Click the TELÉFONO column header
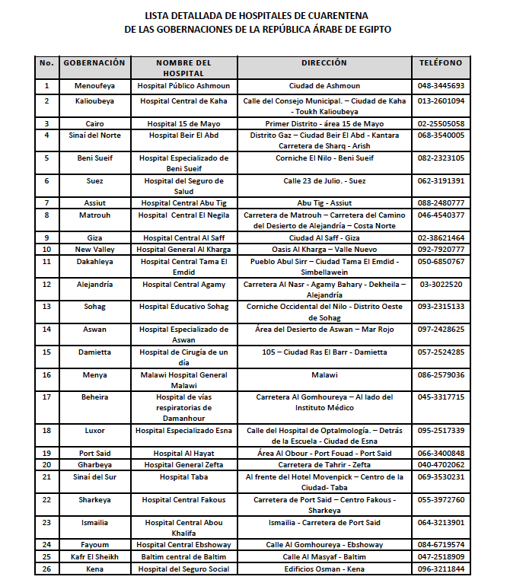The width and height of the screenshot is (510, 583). (441, 62)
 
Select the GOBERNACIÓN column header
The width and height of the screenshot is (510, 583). (94, 62)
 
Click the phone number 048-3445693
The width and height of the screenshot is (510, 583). (441, 86)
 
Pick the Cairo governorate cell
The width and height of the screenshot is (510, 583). (94, 123)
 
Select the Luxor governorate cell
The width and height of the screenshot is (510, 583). (94, 430)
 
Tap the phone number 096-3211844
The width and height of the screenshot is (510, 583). (441, 569)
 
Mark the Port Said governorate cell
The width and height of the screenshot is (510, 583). (94, 453)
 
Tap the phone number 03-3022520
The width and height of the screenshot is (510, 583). (441, 284)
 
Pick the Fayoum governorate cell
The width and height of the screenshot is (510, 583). (94, 545)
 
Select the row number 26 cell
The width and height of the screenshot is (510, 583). (46, 569)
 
